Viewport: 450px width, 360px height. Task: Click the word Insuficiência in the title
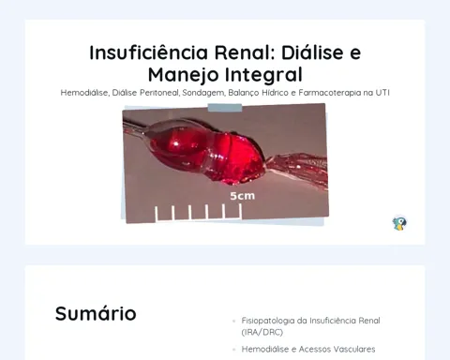click(x=148, y=52)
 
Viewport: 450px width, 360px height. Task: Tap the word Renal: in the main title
click(x=244, y=52)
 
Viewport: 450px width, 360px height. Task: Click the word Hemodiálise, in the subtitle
click(x=85, y=93)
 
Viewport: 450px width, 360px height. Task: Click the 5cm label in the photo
click(x=243, y=196)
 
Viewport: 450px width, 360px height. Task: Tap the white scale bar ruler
click(x=199, y=213)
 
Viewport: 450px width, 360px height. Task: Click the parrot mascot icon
click(x=399, y=223)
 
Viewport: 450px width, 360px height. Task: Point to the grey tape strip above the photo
click(x=225, y=108)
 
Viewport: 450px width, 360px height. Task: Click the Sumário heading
click(x=96, y=313)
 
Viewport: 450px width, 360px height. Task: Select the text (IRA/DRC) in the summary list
click(x=262, y=332)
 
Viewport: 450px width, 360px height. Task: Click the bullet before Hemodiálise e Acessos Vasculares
click(x=233, y=350)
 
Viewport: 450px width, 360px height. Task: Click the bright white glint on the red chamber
click(x=176, y=143)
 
